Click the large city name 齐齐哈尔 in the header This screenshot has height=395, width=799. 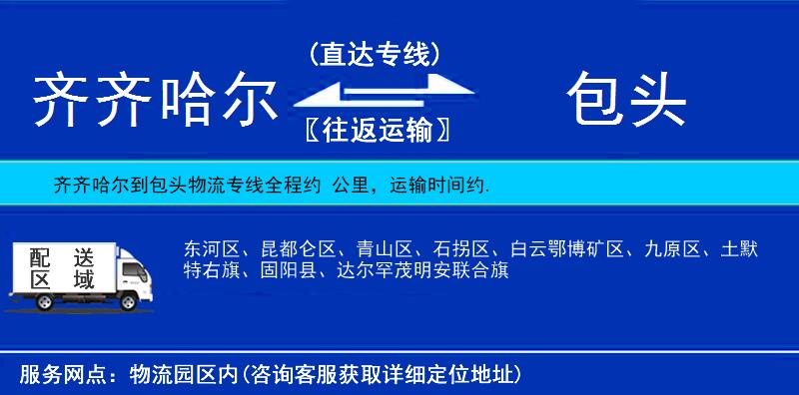pos(155,100)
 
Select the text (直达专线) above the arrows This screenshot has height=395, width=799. pos(373,52)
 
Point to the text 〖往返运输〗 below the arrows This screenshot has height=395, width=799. pos(373,130)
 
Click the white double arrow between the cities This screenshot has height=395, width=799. pos(373,92)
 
